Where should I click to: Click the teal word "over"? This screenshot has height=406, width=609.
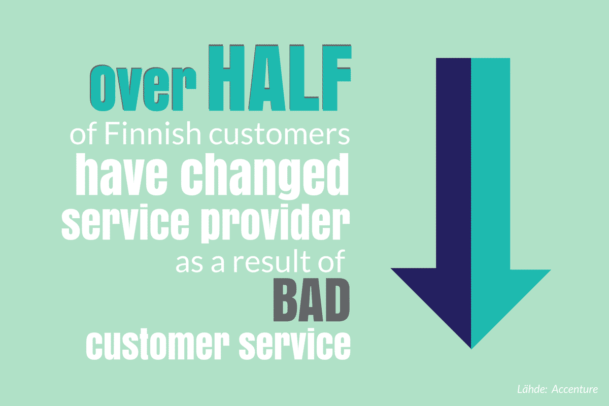pyautogui.click(x=143, y=88)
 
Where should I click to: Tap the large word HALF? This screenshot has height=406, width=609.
pyautogui.click(x=280, y=78)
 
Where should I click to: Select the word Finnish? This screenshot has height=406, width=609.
pyautogui.click(x=153, y=133)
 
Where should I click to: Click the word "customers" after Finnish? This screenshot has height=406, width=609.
pyautogui.click(x=279, y=135)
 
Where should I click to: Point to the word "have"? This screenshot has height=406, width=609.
pyautogui.click(x=121, y=174)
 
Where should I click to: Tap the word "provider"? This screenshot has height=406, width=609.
pyautogui.click(x=275, y=223)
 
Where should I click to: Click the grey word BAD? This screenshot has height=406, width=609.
pyautogui.click(x=312, y=300)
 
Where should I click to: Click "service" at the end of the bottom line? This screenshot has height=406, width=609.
pyautogui.click(x=295, y=344)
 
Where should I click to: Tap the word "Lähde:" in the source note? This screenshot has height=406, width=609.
pyautogui.click(x=532, y=389)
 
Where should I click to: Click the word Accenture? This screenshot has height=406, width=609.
pyautogui.click(x=574, y=389)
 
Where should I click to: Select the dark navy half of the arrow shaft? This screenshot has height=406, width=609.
pyautogui.click(x=454, y=163)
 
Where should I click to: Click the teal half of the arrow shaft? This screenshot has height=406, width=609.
pyautogui.click(x=490, y=163)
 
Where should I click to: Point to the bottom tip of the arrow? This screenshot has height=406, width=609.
pyautogui.click(x=471, y=349)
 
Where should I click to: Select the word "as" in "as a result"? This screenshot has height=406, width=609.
pyautogui.click(x=189, y=264)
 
